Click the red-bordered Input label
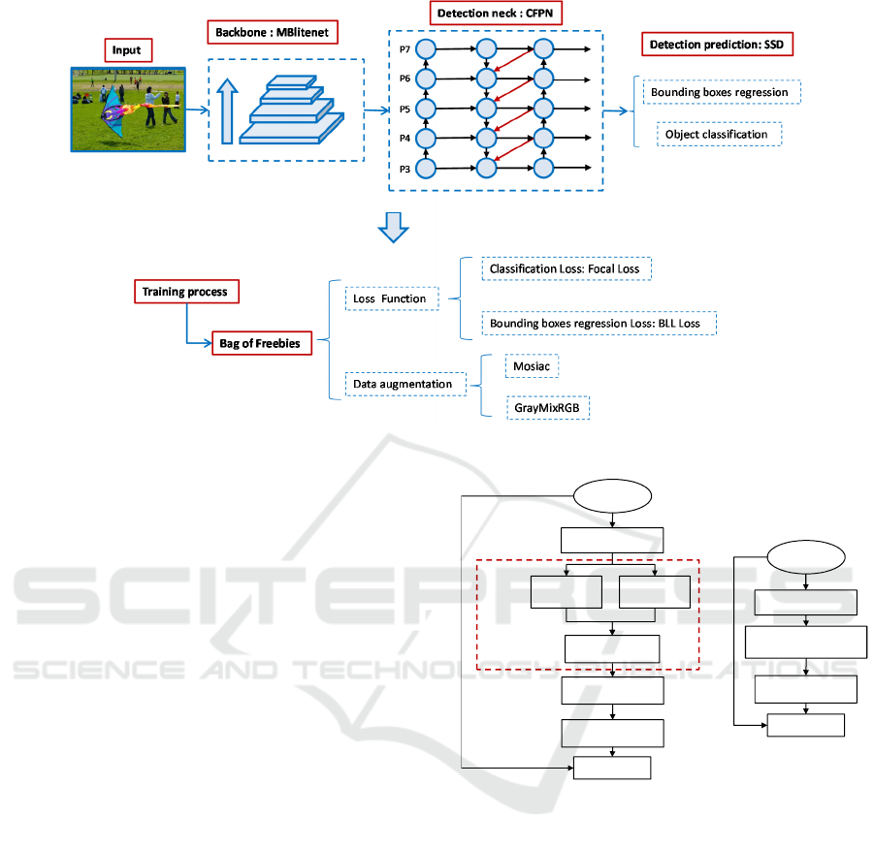[126, 49]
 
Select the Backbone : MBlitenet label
[267, 32]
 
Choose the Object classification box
[719, 134]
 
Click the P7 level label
[405, 47]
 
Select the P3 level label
[405, 169]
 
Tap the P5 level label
[405, 109]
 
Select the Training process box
[185, 291]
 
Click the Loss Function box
[391, 298]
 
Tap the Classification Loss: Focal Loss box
[566, 267]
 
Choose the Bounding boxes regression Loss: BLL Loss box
[599, 324]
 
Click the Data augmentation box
[403, 384]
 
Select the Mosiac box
[533, 367]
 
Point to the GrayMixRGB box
[548, 408]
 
